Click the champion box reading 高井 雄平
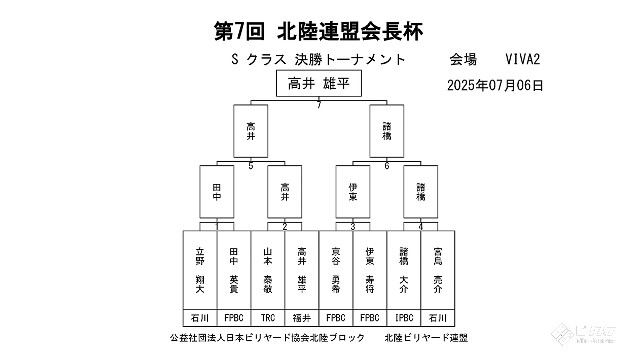(x=319, y=83)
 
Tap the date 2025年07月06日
(x=495, y=86)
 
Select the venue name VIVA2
(x=522, y=60)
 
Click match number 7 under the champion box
(x=319, y=105)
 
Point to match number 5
(x=251, y=166)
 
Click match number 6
(x=387, y=166)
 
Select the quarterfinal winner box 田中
(x=217, y=192)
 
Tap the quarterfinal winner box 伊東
(x=353, y=192)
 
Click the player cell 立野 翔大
(x=200, y=270)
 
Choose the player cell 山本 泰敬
(x=268, y=270)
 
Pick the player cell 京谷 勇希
(x=336, y=270)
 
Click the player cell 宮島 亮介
(x=438, y=270)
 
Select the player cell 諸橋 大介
(x=404, y=270)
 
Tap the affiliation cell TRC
(x=268, y=318)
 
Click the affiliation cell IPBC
(x=404, y=318)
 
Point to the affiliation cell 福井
(x=302, y=318)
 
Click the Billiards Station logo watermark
(x=584, y=334)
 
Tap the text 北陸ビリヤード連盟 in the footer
(x=426, y=338)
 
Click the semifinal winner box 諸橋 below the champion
(x=387, y=131)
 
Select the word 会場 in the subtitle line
(x=463, y=60)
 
